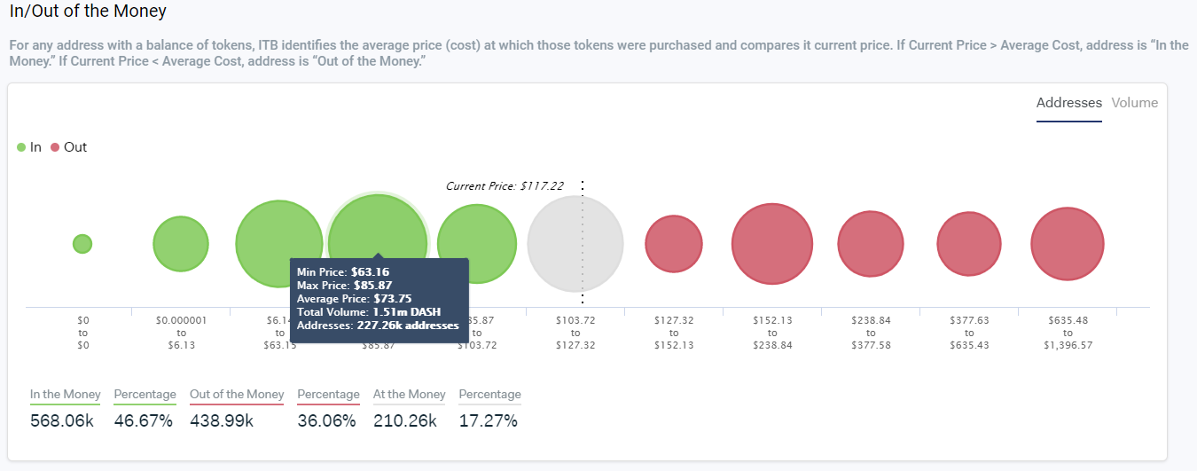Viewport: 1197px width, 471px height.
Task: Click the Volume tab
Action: (x=1134, y=103)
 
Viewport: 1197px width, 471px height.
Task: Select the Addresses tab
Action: (x=1068, y=103)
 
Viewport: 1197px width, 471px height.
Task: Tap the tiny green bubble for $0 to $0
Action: (x=82, y=243)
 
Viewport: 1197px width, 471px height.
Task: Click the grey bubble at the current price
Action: (x=575, y=243)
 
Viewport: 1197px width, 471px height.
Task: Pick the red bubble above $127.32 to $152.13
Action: (x=673, y=244)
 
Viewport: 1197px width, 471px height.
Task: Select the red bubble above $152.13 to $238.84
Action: (x=772, y=244)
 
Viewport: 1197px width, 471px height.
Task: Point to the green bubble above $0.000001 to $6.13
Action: (x=181, y=243)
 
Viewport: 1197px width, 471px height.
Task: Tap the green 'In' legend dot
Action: (x=21, y=147)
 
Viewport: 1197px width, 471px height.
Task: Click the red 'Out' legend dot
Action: (x=55, y=147)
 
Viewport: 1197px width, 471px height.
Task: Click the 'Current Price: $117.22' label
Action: (x=505, y=186)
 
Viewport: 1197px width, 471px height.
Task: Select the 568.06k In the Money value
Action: (x=62, y=420)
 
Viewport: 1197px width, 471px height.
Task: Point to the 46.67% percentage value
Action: (x=144, y=420)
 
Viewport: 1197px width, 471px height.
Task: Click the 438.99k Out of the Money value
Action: (x=222, y=420)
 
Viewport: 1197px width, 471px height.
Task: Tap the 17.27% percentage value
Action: (x=488, y=420)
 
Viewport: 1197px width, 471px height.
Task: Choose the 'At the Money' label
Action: (x=409, y=395)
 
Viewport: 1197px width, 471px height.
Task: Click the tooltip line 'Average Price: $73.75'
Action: (x=352, y=299)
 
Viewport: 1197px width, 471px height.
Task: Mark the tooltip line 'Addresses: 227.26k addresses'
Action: (x=378, y=326)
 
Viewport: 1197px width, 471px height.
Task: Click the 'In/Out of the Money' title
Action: (x=88, y=13)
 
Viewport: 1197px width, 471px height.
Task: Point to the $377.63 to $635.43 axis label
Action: (x=968, y=333)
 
